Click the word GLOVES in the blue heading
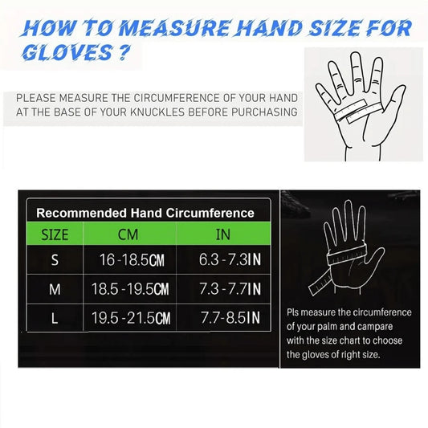(67, 52)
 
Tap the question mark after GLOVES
(123, 52)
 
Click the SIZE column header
(55, 234)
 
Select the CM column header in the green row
(128, 234)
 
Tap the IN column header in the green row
(223, 234)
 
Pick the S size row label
(55, 259)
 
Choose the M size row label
(55, 289)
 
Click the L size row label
(55, 318)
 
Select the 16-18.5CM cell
(132, 260)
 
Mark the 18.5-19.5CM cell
(130, 289)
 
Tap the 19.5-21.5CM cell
(131, 318)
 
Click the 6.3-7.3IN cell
(230, 259)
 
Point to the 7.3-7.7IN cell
(230, 289)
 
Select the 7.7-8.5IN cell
(230, 317)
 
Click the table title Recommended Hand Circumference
(145, 213)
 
